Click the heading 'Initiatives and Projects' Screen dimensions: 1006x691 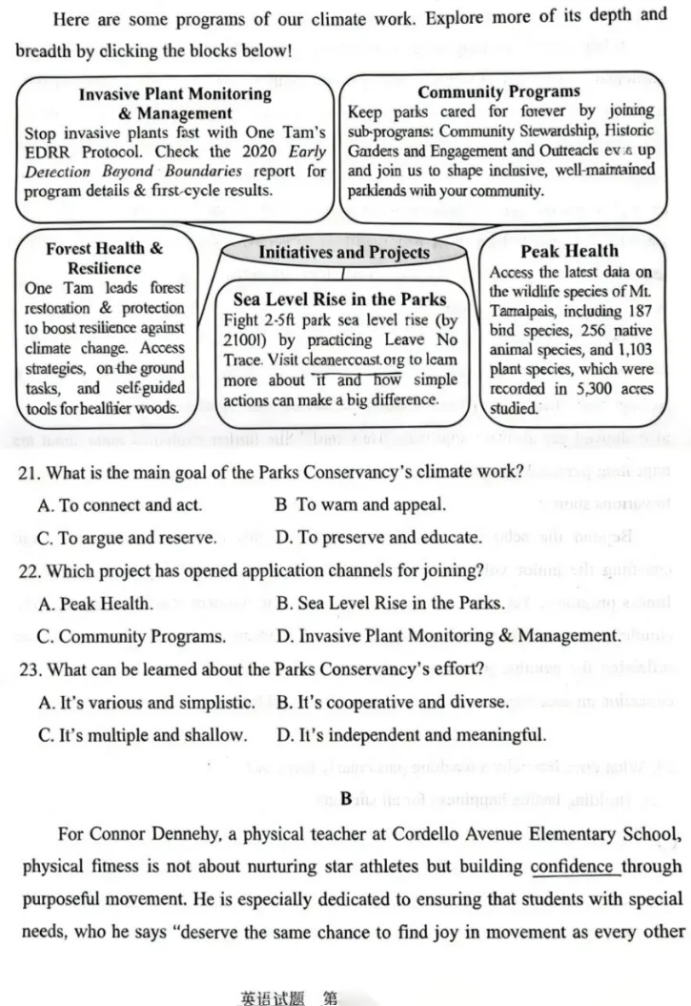(344, 253)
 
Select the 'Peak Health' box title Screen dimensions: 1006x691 (570, 252)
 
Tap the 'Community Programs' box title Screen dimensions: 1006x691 (498, 92)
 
